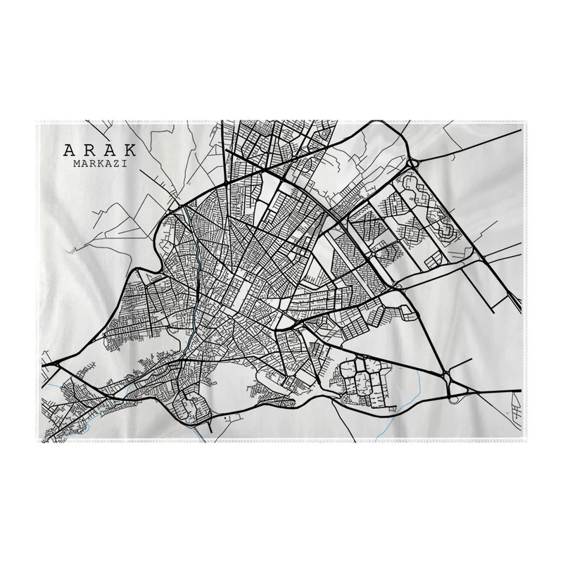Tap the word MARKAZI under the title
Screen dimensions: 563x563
point(100,164)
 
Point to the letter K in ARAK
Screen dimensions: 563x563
point(132,151)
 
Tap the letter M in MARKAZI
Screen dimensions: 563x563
point(76,164)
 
